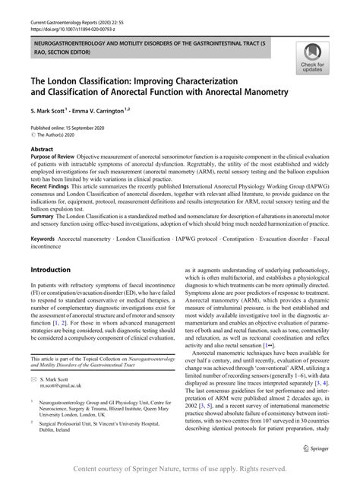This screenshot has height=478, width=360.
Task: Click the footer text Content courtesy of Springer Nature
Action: click(180, 470)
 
